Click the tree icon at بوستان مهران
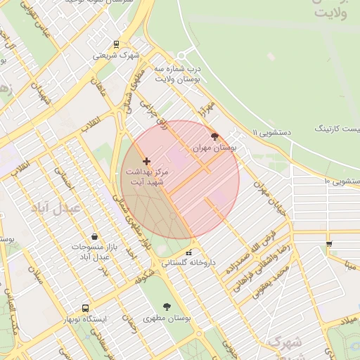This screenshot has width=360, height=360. pyautogui.click(x=214, y=136)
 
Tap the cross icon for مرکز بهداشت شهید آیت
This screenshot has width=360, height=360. pyautogui.click(x=146, y=162)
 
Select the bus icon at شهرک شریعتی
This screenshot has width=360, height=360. pyautogui.click(x=117, y=44)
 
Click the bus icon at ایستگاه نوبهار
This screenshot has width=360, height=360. pyautogui.click(x=86, y=308)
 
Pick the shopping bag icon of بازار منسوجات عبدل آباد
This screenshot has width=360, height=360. pyautogui.click(x=95, y=237)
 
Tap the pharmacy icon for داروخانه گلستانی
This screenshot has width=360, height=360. pyautogui.click(x=188, y=253)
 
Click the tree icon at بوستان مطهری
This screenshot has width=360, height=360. pyautogui.click(x=167, y=307)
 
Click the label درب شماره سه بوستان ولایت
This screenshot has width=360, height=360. pyautogui.click(x=179, y=75)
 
